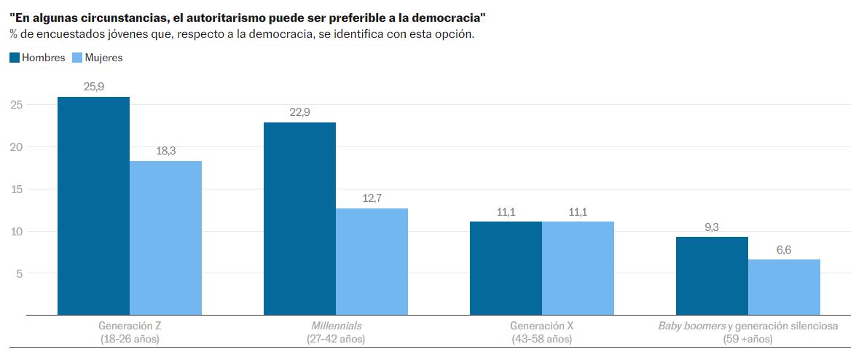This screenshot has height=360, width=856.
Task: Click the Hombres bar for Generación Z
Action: point(93,206)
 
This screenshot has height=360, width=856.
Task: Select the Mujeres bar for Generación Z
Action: point(165,238)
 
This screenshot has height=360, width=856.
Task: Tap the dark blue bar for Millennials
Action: point(299,219)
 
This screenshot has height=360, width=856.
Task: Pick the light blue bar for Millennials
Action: point(372,262)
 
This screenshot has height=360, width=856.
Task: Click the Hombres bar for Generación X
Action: point(506,268)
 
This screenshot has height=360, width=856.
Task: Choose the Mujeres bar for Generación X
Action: point(578,268)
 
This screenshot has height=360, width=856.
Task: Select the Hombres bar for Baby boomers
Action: point(712,276)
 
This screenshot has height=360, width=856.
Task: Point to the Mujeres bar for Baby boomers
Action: point(784,287)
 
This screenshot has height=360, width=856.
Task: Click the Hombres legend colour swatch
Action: point(15,58)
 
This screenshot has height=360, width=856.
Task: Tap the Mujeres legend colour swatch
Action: point(78,58)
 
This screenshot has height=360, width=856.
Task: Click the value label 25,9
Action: point(93,87)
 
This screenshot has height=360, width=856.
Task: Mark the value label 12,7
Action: point(372,198)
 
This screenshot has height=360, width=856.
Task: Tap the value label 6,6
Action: point(784,250)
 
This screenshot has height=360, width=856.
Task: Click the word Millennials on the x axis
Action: point(336,326)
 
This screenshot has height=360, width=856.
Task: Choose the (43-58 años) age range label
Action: point(542,339)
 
